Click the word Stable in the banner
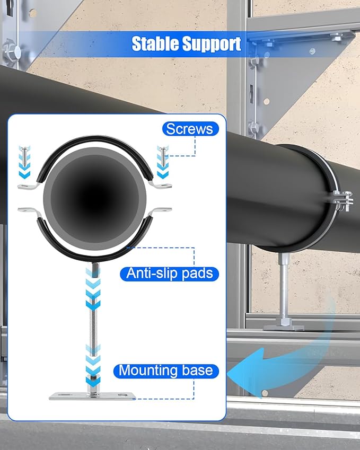[x=155, y=44]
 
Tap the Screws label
[x=190, y=129]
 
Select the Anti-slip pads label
[x=169, y=273]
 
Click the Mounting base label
[x=166, y=371]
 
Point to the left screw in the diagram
[x=25, y=156]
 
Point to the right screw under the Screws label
[x=163, y=156]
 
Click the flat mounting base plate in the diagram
[x=92, y=396]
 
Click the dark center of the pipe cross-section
[x=95, y=198]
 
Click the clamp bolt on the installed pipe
[x=343, y=201]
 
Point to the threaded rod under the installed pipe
[x=284, y=287]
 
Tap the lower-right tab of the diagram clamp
[x=162, y=210]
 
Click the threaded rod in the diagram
[x=93, y=324]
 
